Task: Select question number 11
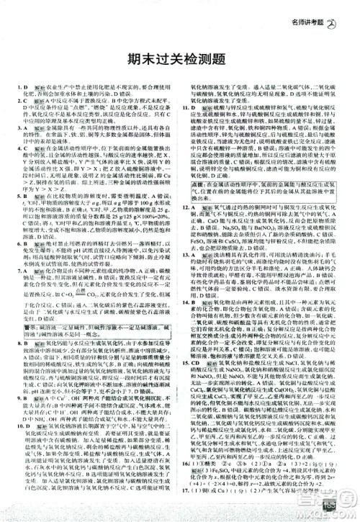(x=186, y=127)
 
